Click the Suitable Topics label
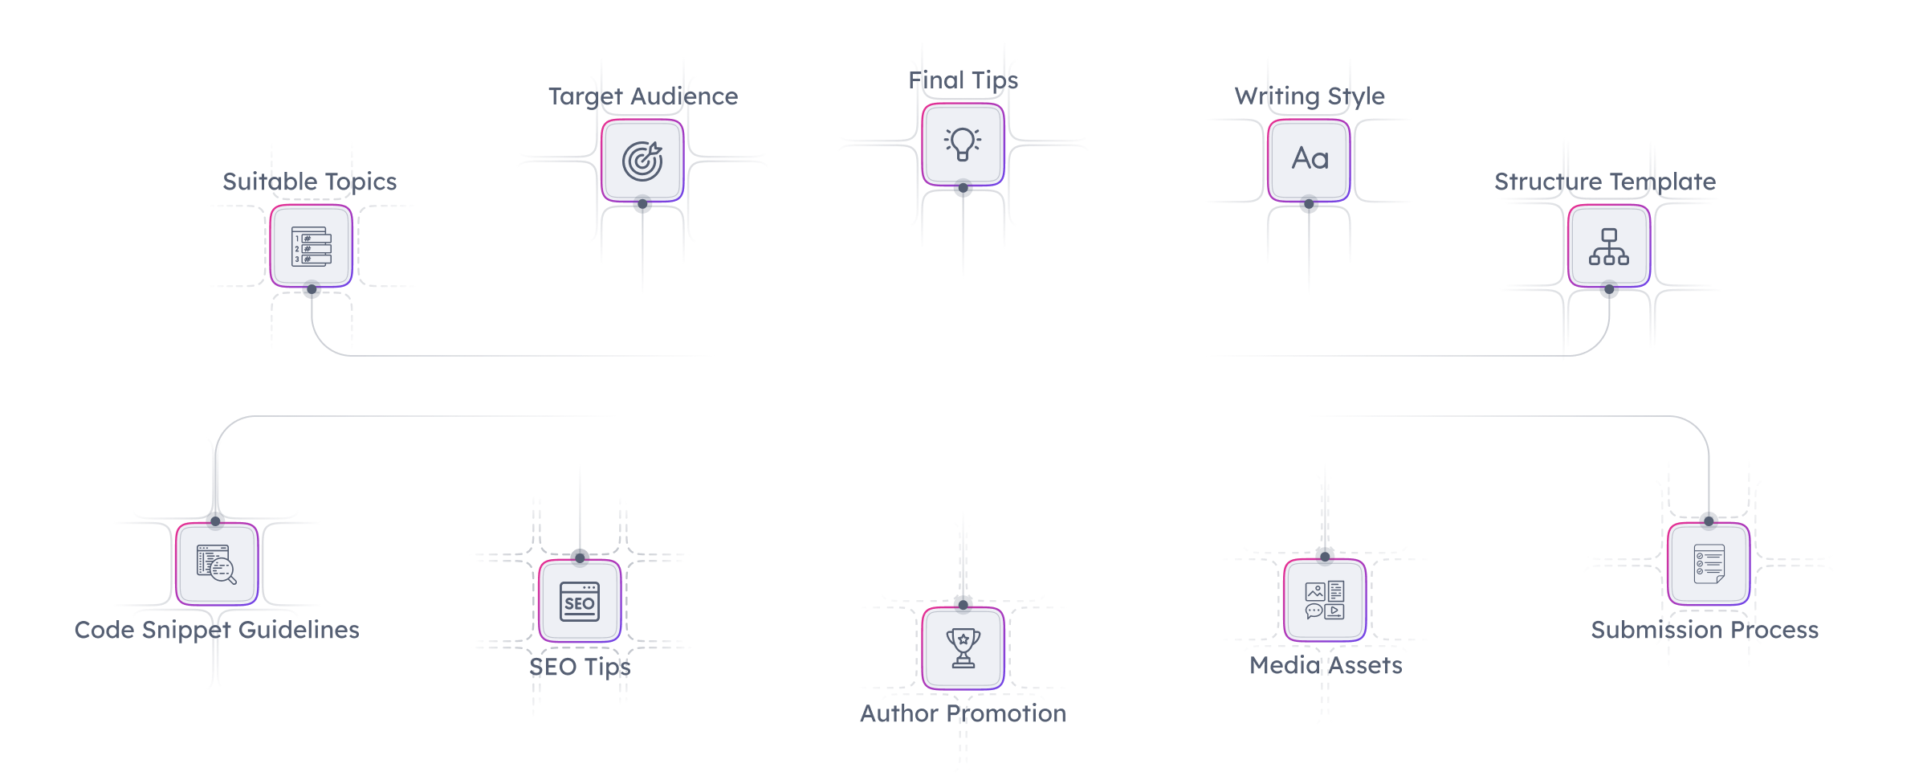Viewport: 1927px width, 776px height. [x=309, y=182]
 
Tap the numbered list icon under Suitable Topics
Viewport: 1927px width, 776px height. [x=311, y=246]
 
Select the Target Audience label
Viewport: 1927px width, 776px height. [x=642, y=96]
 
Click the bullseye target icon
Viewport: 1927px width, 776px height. [x=642, y=161]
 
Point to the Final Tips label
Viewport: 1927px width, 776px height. [x=963, y=80]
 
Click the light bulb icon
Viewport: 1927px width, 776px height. [x=963, y=145]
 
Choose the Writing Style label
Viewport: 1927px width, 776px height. [x=1310, y=96]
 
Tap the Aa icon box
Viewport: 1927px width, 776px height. [x=1310, y=160]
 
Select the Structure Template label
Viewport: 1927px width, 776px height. [x=1605, y=182]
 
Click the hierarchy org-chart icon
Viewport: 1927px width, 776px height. [x=1609, y=246]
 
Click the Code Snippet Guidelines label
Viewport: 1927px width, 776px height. [x=217, y=630]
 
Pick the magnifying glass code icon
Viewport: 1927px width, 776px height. [x=217, y=564]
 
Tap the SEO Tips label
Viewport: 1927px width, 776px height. [x=580, y=667]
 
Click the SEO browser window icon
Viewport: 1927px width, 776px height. [x=580, y=602]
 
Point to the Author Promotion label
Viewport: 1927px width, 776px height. [x=963, y=713]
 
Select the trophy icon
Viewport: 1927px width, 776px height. [x=963, y=648]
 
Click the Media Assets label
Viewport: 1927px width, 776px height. [x=1326, y=665]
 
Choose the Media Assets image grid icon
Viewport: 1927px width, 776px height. [x=1325, y=601]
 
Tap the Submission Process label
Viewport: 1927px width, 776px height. [x=1705, y=630]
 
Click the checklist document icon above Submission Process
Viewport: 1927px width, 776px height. [x=1709, y=564]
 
